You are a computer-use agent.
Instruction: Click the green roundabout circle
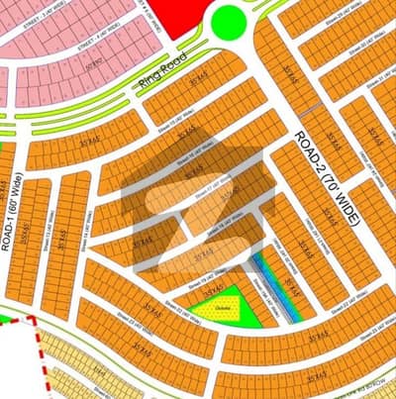[229, 19]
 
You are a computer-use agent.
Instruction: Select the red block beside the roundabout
[183, 15]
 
